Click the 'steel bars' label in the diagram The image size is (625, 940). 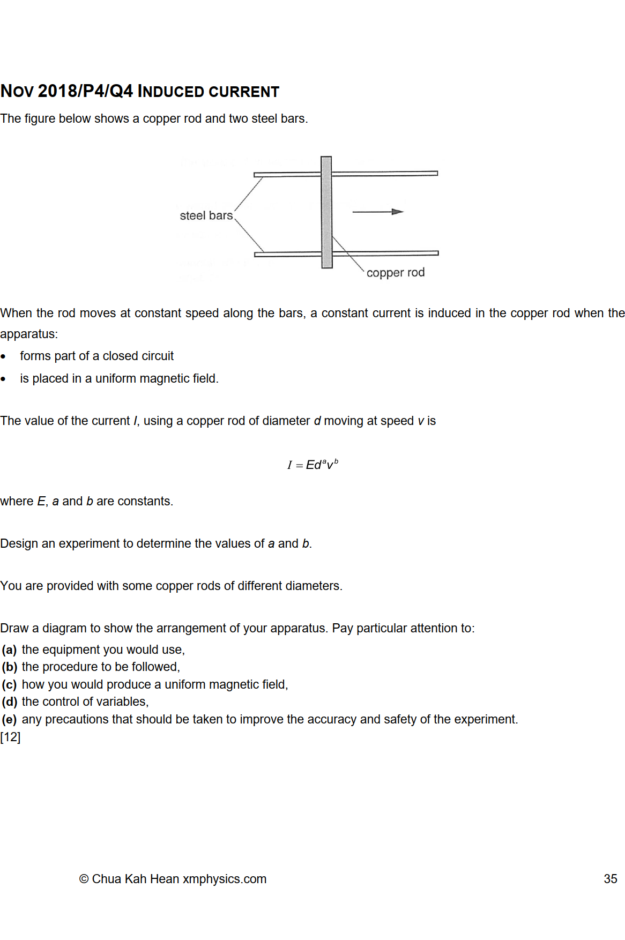(x=206, y=215)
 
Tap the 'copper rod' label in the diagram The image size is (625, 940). (x=395, y=273)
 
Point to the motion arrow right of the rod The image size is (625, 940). (x=377, y=212)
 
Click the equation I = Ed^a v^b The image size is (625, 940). (x=312, y=465)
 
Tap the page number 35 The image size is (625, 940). (x=610, y=879)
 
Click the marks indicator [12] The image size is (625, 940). (x=10, y=737)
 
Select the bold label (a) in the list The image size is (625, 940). (x=9, y=650)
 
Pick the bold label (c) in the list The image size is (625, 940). (x=9, y=685)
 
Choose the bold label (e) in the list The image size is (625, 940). (x=9, y=720)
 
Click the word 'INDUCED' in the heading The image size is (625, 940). (x=171, y=92)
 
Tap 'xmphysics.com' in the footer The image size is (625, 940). (x=224, y=879)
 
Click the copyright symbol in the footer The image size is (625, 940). (x=84, y=879)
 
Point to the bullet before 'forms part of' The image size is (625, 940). (x=4, y=357)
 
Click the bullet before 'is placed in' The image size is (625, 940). (x=4, y=379)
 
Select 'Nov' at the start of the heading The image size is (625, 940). (x=17, y=92)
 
